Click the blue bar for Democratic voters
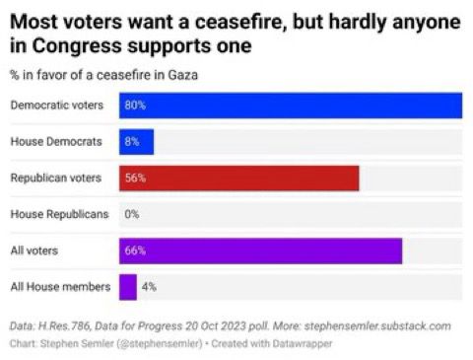291,106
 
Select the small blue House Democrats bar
136,142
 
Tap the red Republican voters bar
238,179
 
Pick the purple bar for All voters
260,251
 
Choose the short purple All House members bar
127,287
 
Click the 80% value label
135,106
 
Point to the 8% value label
132,142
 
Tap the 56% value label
135,179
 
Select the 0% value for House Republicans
132,214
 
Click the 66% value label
135,251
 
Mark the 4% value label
149,287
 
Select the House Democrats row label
56,142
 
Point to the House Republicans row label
59,214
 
